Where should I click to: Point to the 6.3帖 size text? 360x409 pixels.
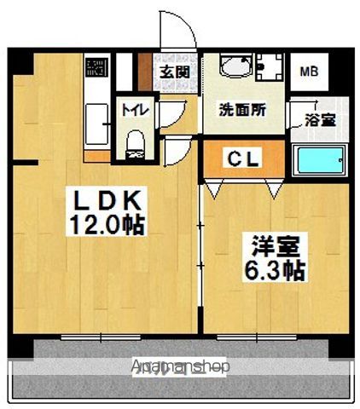pyautogui.click(x=272, y=271)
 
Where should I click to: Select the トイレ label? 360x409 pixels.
pyautogui.click(x=132, y=109)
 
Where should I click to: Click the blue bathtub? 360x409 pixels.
pyautogui.click(x=319, y=160)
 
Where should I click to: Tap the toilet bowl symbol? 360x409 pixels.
pyautogui.click(x=134, y=141)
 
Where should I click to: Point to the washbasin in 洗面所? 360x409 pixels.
pyautogui.click(x=230, y=67)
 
